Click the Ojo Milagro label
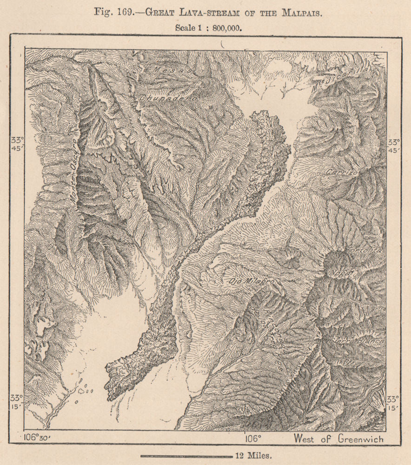coord(246,281)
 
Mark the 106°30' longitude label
coord(37,438)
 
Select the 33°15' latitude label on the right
coord(393,403)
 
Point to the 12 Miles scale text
coord(254,455)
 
